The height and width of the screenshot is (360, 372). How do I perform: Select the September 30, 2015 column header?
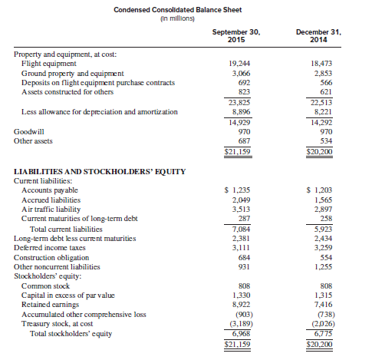pos(237,36)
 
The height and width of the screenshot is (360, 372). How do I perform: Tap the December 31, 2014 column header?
pos(317,36)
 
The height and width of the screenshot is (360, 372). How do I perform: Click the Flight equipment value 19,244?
pos(240,64)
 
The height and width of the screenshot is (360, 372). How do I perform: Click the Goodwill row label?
pos(29,132)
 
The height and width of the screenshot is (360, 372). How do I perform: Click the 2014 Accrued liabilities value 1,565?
pos(320,200)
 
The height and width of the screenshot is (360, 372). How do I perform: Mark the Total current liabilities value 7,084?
pos(240,228)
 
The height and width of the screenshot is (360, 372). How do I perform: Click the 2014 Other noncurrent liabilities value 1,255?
pos(320,266)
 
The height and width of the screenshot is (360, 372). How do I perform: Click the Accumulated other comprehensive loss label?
pos(83,313)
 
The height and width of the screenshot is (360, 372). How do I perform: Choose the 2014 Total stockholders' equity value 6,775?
pos(320,332)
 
